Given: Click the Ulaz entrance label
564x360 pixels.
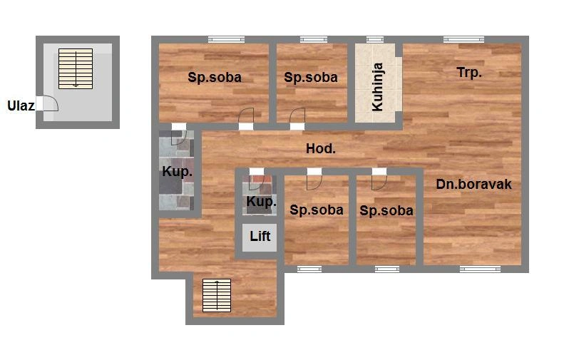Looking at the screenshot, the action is [21, 106].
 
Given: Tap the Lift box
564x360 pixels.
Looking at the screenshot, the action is [260, 237].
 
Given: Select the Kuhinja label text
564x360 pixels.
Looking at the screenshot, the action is [377, 87].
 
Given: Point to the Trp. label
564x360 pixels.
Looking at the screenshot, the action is [469, 73].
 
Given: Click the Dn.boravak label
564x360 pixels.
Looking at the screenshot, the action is [473, 184].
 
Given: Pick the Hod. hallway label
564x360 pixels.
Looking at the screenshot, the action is [320, 148].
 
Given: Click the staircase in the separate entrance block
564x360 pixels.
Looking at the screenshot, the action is [76, 68].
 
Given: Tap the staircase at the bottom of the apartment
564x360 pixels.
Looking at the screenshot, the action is [217, 296].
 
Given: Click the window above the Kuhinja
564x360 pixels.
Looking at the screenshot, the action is [375, 39].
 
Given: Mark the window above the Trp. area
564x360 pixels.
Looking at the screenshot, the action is [463, 39].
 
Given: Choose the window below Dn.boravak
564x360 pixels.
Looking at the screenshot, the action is [480, 269].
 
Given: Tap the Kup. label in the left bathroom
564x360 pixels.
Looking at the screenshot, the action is [177, 172].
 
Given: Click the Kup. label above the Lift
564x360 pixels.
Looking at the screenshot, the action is [261, 202].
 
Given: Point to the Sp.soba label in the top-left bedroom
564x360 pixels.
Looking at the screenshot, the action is [215, 77].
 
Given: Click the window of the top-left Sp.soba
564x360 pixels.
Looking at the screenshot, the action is [226, 39].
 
